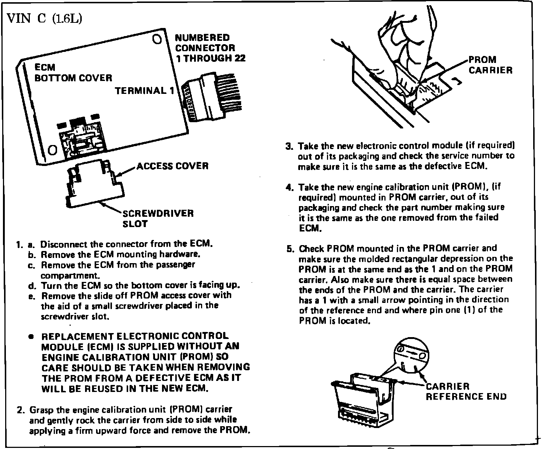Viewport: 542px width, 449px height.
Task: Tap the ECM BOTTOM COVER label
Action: [x=73, y=73]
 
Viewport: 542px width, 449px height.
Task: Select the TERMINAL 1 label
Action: [x=144, y=91]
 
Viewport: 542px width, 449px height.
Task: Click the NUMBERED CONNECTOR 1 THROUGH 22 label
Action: [x=210, y=48]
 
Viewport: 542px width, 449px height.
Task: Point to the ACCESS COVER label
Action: [x=172, y=166]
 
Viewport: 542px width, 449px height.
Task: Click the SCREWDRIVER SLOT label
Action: [x=158, y=219]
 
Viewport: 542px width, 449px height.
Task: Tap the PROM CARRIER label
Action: [x=490, y=65]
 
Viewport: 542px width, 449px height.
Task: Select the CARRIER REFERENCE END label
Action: [x=466, y=391]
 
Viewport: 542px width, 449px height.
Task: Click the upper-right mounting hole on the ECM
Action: [x=156, y=39]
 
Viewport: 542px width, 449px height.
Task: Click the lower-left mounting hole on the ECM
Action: [x=53, y=150]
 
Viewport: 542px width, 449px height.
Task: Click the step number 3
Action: [x=289, y=146]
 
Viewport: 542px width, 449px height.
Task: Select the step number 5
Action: [x=289, y=248]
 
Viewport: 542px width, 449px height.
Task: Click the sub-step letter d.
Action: [x=31, y=286]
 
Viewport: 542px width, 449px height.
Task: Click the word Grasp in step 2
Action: [x=40, y=410]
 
